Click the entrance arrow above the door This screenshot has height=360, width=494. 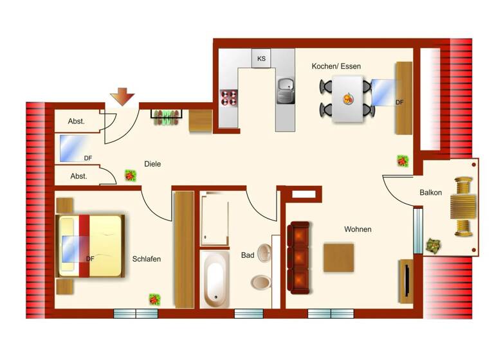(x=122, y=97)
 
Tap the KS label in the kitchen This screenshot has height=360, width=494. (x=261, y=59)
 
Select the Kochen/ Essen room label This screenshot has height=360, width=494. (x=336, y=66)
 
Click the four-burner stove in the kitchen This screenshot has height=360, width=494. (x=229, y=97)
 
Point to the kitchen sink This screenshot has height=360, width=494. (x=285, y=91)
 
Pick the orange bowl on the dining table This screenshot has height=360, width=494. (x=349, y=99)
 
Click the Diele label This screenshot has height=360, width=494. (x=152, y=164)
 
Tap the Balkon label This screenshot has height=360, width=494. (x=430, y=192)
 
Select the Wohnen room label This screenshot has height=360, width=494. (x=358, y=229)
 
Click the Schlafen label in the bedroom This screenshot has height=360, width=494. (x=146, y=259)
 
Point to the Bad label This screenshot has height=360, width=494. (x=248, y=255)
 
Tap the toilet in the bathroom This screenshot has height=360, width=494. (x=261, y=282)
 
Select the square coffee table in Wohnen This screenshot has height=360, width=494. (x=338, y=257)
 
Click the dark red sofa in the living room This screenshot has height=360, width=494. (x=298, y=258)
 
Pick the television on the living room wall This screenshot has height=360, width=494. (x=407, y=280)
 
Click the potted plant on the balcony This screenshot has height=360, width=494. (x=432, y=244)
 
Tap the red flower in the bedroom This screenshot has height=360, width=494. (x=154, y=299)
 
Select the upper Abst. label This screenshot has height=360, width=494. (x=77, y=121)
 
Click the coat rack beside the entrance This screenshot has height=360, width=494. (x=167, y=116)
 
